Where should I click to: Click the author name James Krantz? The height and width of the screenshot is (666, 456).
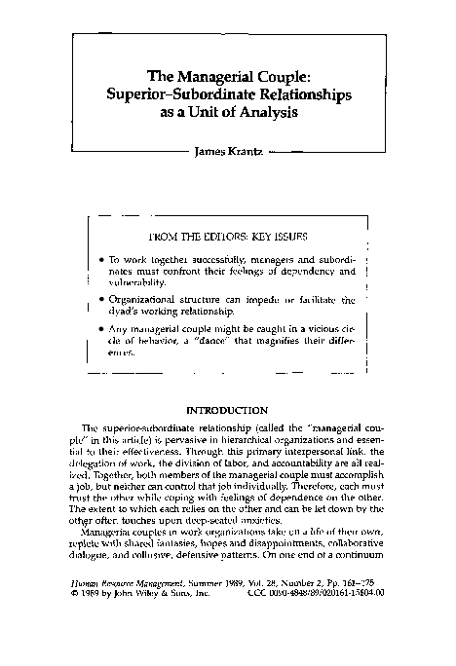pos(229,152)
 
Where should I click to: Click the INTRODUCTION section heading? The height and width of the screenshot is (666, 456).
pos(227,411)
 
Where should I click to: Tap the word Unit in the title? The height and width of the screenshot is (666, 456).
pos(215,112)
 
